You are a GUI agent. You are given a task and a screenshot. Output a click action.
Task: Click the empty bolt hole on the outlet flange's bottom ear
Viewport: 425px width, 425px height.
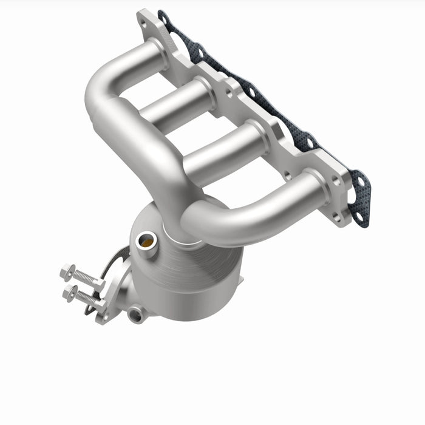(x=104, y=316)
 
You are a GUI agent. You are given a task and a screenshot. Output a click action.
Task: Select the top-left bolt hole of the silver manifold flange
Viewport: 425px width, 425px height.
(x=143, y=24)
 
